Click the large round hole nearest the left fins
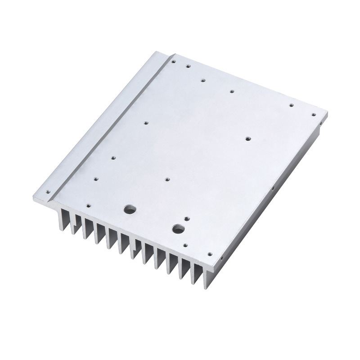(x=130, y=209)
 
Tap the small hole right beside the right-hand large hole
(x=187, y=219)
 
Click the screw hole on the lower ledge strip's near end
(x=47, y=190)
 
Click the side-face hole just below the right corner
(x=320, y=121)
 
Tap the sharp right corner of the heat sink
(x=328, y=112)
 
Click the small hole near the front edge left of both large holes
(x=88, y=206)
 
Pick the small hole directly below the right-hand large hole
(x=185, y=245)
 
